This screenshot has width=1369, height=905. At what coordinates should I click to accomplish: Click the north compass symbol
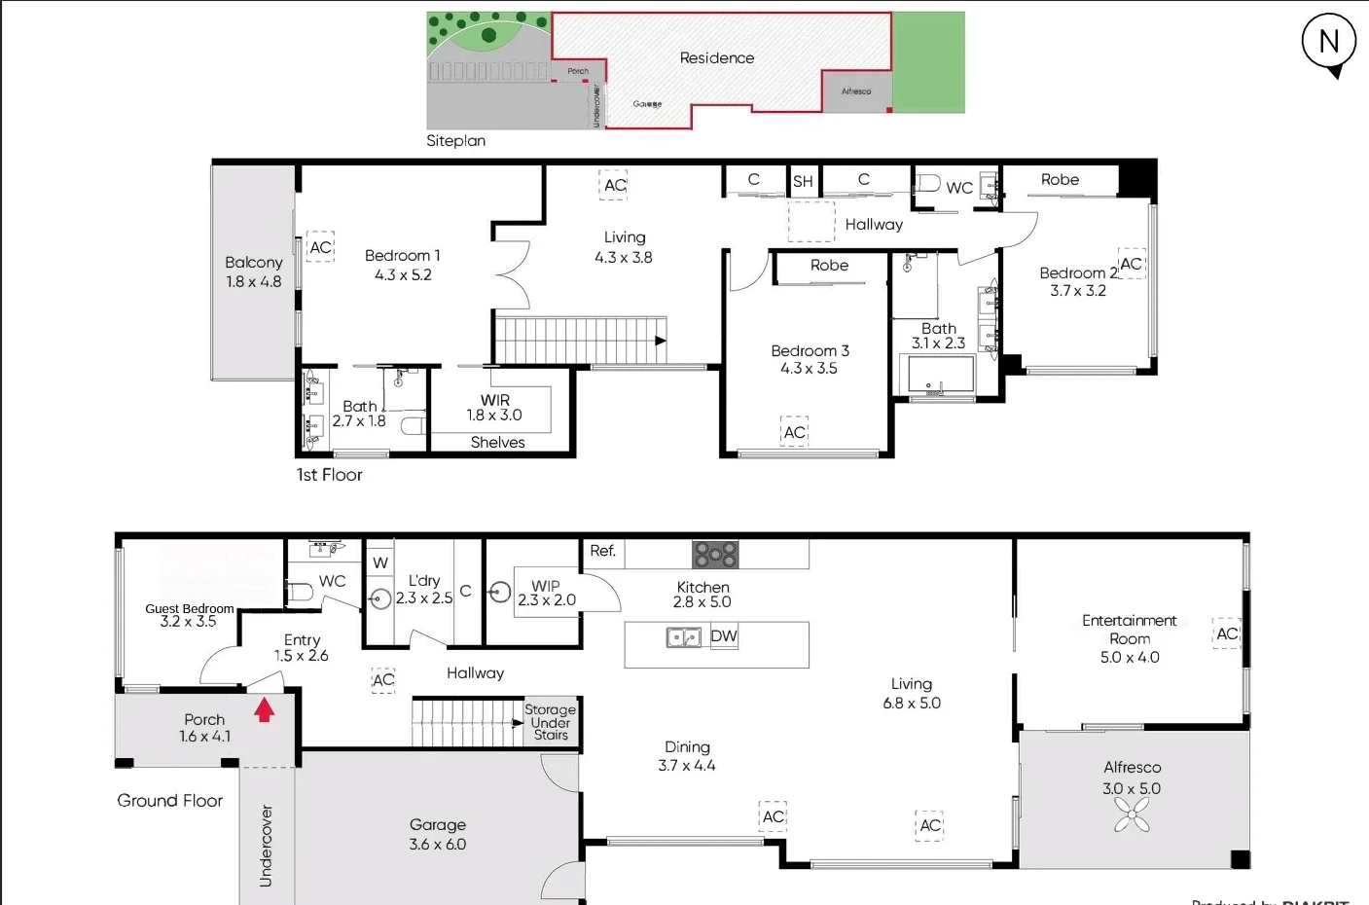(1329, 43)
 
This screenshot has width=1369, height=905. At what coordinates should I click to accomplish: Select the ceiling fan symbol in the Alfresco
(1132, 815)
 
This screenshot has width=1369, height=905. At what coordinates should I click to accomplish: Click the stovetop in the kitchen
(715, 555)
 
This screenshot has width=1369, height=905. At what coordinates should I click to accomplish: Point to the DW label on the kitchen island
(724, 636)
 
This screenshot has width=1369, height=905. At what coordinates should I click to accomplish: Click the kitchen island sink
(684, 637)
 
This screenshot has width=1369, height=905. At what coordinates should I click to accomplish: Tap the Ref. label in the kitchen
(602, 551)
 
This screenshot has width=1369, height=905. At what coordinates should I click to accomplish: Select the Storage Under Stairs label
(550, 722)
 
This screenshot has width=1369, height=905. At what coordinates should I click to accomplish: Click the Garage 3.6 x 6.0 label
(438, 834)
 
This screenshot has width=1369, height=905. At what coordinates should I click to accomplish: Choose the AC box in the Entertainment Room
(1227, 633)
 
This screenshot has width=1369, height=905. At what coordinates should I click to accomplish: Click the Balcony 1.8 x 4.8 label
(253, 271)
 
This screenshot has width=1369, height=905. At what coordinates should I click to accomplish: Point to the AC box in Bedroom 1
(320, 247)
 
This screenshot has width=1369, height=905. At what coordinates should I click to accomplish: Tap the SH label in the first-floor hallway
(803, 181)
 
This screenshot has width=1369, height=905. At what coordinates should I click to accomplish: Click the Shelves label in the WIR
(497, 442)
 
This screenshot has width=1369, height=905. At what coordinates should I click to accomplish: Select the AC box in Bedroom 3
(795, 432)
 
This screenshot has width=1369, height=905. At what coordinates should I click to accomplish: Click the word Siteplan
(455, 140)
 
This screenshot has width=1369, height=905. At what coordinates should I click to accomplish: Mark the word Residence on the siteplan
(717, 57)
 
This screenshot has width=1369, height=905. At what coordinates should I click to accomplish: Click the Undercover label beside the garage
(266, 845)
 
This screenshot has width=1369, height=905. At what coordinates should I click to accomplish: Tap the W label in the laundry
(380, 562)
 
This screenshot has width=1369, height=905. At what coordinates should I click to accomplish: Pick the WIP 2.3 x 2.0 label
(547, 593)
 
